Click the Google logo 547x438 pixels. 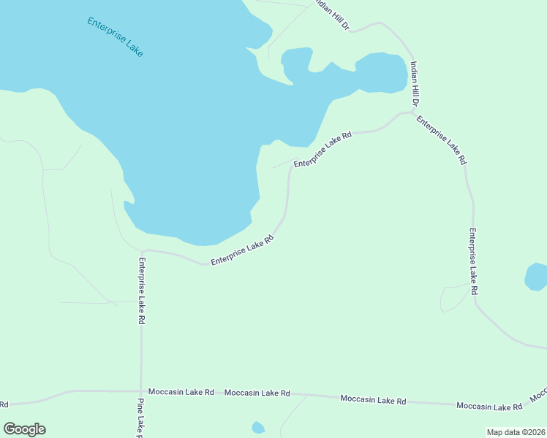24,429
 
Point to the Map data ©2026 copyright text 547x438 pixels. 516,432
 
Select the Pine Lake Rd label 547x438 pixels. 140,418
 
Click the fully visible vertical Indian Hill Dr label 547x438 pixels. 414,83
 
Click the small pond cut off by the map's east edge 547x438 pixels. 537,277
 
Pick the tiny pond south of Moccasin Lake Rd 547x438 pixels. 257,428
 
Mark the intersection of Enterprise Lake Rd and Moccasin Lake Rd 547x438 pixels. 141,391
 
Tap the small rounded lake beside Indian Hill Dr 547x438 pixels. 381,73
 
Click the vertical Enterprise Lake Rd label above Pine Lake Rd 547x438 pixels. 141,291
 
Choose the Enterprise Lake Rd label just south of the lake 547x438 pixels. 242,250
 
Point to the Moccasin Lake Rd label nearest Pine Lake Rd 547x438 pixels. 181,392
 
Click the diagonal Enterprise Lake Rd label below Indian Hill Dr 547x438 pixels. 442,140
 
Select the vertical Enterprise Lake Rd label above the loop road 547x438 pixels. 473,261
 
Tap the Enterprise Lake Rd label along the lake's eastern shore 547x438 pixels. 322,150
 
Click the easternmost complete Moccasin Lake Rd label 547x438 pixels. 488,406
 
